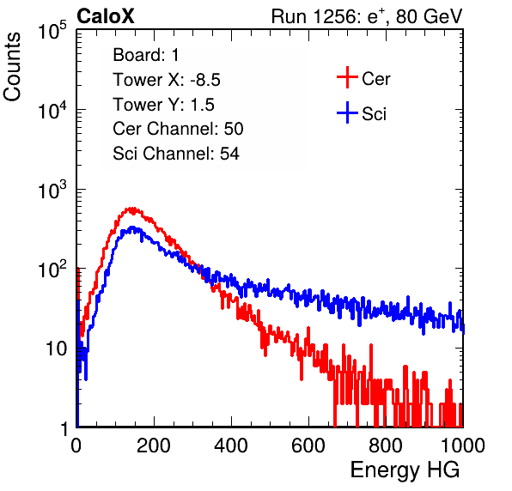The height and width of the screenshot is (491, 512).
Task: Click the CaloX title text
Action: [105, 16]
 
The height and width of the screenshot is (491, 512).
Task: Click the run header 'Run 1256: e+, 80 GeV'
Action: [367, 16]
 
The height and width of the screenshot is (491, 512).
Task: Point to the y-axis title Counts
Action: [12, 67]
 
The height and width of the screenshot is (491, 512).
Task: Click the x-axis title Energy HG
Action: [405, 470]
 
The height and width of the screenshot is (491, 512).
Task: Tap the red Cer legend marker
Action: [347, 77]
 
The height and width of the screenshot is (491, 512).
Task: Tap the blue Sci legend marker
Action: [347, 112]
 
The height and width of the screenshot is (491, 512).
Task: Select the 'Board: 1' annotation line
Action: [146, 55]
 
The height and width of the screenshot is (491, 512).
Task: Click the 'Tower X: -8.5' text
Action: [167, 80]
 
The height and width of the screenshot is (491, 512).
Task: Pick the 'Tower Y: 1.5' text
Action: [163, 105]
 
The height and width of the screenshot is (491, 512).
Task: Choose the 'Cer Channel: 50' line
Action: [178, 129]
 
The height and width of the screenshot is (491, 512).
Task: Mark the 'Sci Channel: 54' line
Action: [176, 154]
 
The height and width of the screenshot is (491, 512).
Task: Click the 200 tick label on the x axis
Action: [154, 446]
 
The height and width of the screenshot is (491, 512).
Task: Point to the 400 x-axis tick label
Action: [231, 446]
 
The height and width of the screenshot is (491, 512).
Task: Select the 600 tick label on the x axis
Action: [308, 446]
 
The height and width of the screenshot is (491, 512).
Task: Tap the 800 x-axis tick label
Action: [386, 446]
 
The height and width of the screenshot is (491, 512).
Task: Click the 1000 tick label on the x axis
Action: [463, 446]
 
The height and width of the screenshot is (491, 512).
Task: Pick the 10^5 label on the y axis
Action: [52, 31]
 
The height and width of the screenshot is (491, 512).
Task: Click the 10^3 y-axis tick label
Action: [52, 190]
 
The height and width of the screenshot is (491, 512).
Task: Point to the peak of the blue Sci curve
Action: [132, 227]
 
